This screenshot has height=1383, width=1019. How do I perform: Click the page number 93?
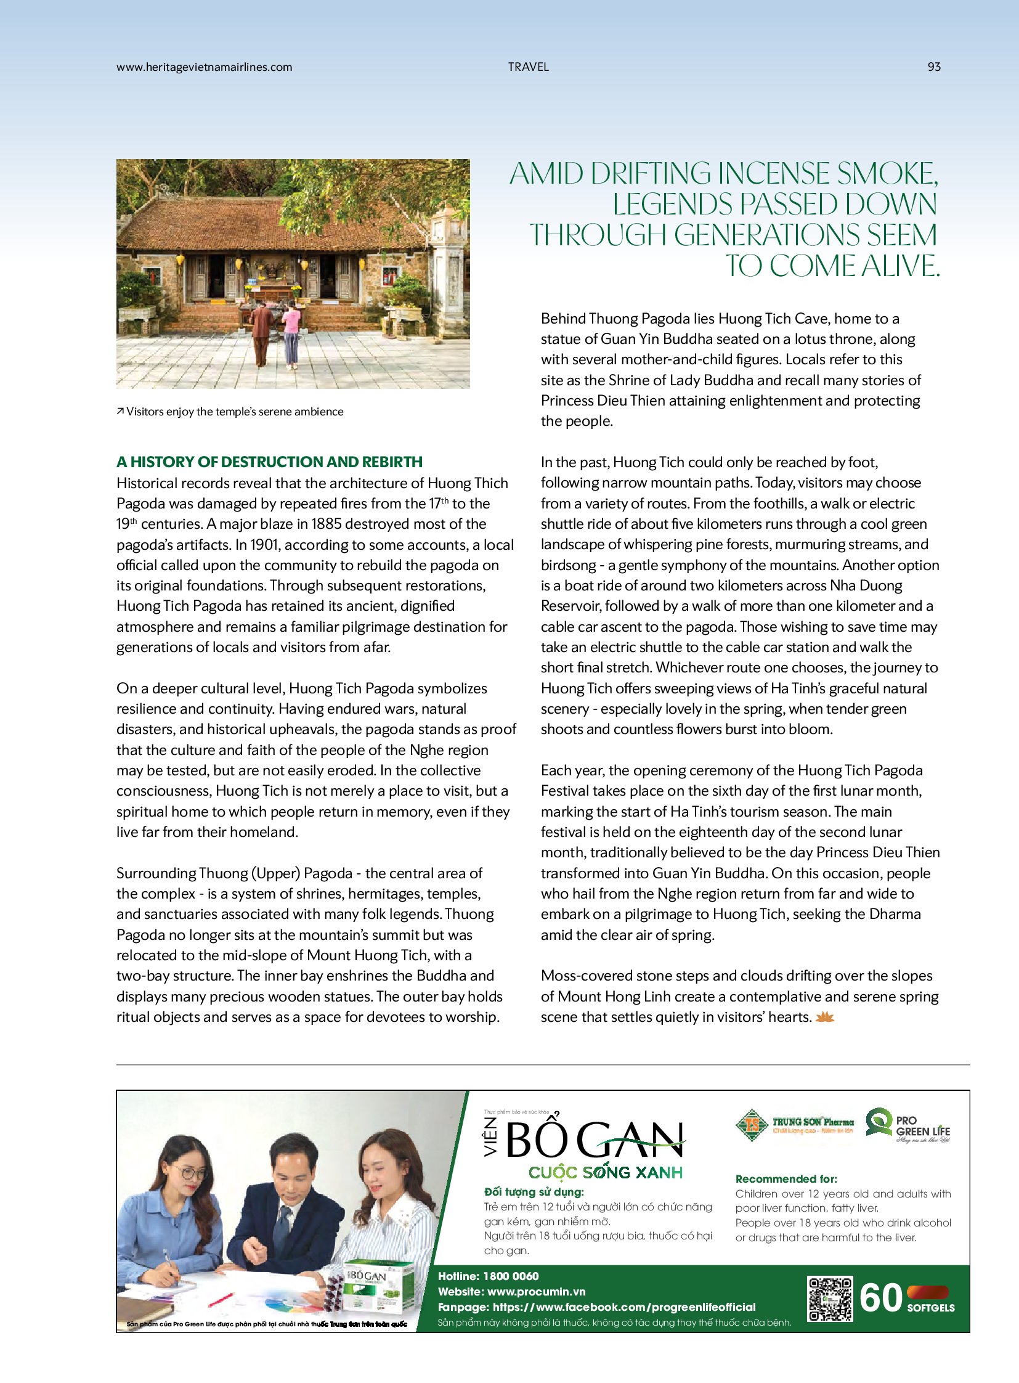(933, 67)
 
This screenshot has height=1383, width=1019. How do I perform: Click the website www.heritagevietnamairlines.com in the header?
(204, 67)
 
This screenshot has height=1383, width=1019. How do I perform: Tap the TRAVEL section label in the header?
(528, 67)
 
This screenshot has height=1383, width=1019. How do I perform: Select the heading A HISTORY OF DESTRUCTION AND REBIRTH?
(270, 462)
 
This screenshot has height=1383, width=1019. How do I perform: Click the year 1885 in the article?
(327, 524)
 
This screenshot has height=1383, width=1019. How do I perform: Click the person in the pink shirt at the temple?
(291, 334)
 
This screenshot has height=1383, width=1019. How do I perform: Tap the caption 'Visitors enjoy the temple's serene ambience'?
(234, 412)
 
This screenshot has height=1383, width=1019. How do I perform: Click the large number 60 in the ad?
(880, 1298)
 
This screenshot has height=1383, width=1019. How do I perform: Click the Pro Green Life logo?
(908, 1124)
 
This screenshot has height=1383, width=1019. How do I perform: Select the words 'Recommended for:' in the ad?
(786, 1178)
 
